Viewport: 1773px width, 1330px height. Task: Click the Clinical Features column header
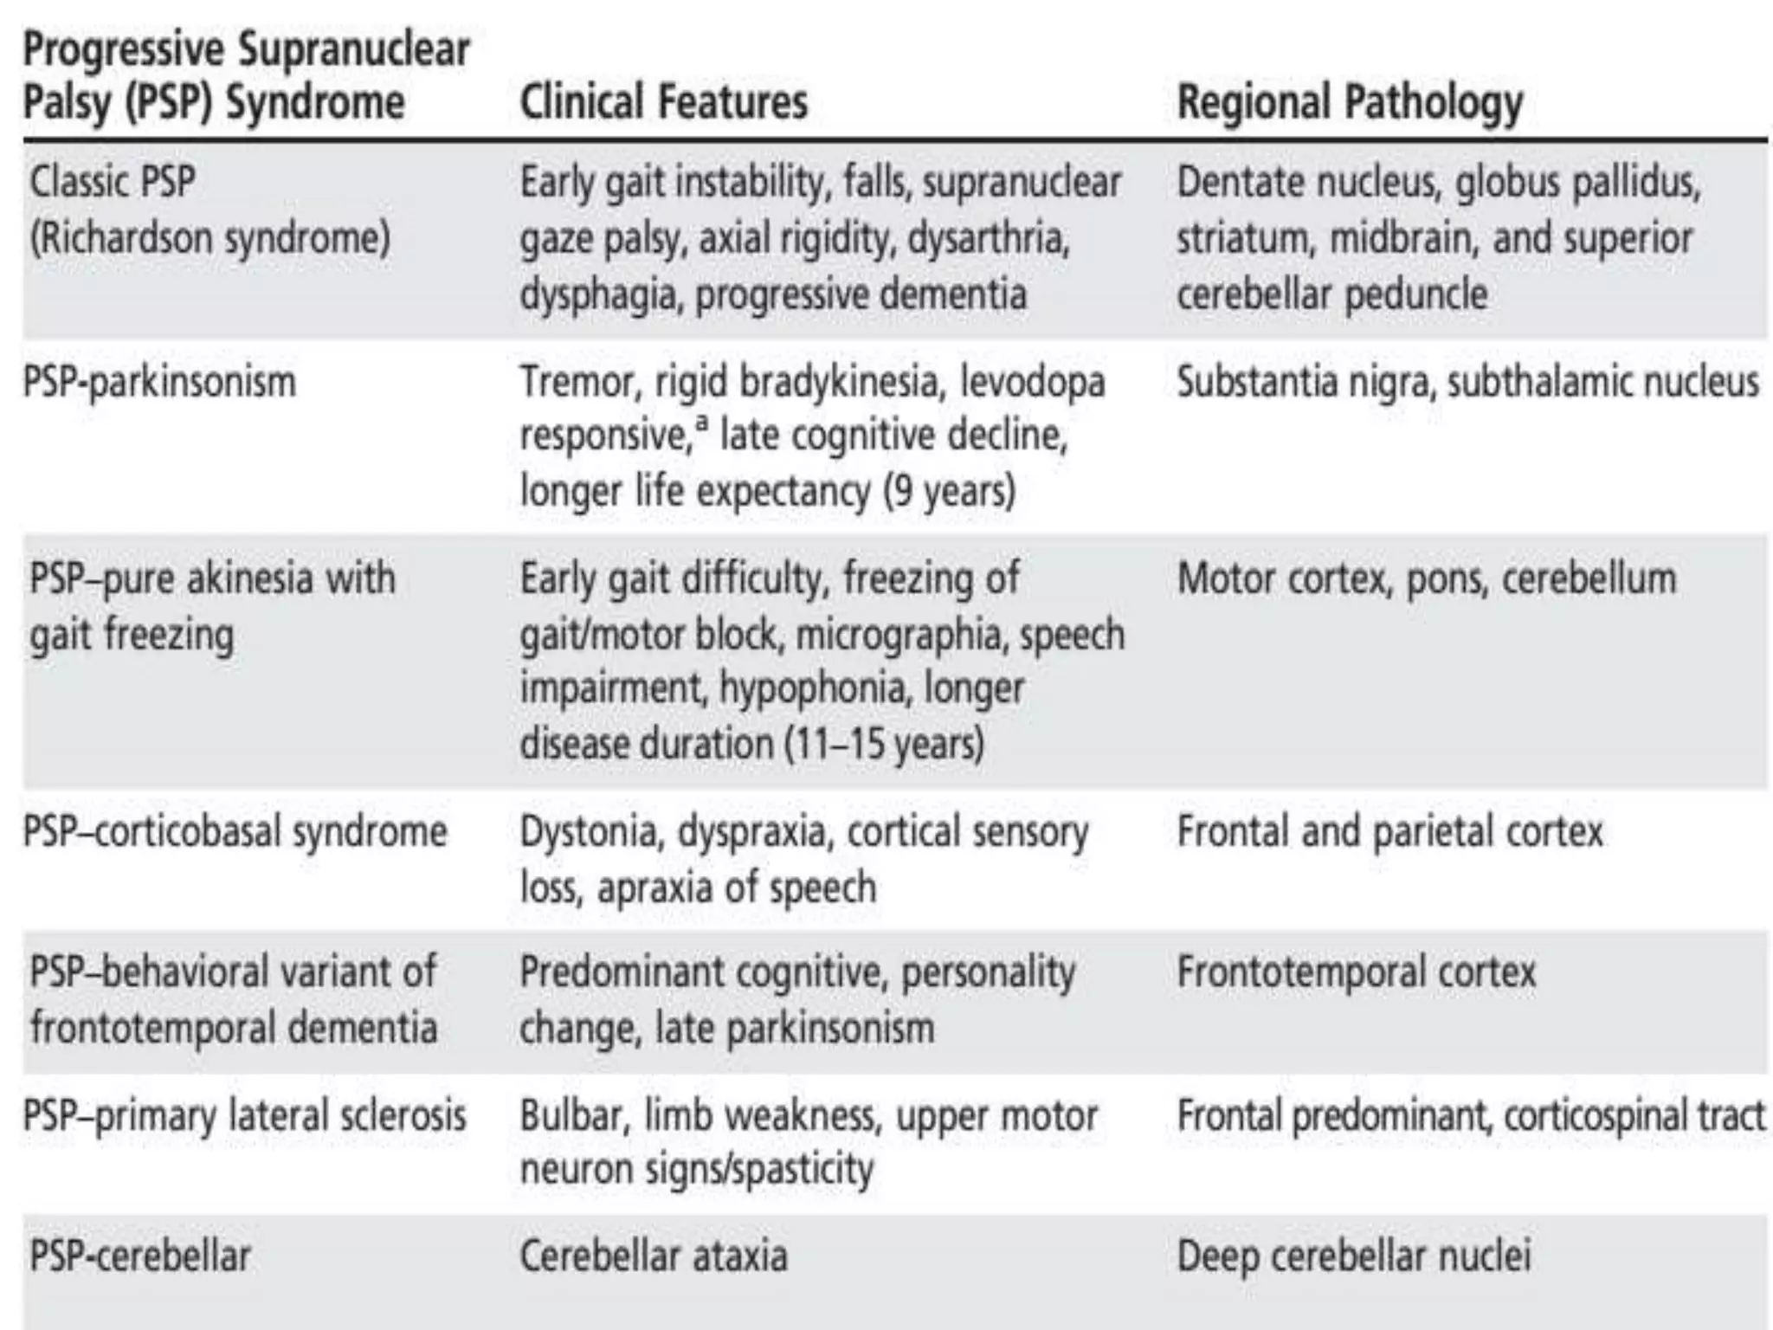663,101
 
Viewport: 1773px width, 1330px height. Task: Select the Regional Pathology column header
1350,103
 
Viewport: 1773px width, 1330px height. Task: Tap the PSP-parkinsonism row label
159,382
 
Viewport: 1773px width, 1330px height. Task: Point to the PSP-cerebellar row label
140,1256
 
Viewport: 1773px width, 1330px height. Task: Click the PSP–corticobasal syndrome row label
235,832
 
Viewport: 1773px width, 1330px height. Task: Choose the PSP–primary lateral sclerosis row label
244,1115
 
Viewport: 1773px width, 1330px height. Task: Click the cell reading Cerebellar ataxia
654,1256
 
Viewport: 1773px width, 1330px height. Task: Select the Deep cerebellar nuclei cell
1354,1256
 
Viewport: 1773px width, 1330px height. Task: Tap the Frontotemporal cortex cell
1356,972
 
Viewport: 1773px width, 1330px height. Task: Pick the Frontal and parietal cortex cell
1389,832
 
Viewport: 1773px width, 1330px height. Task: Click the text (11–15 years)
884,744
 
